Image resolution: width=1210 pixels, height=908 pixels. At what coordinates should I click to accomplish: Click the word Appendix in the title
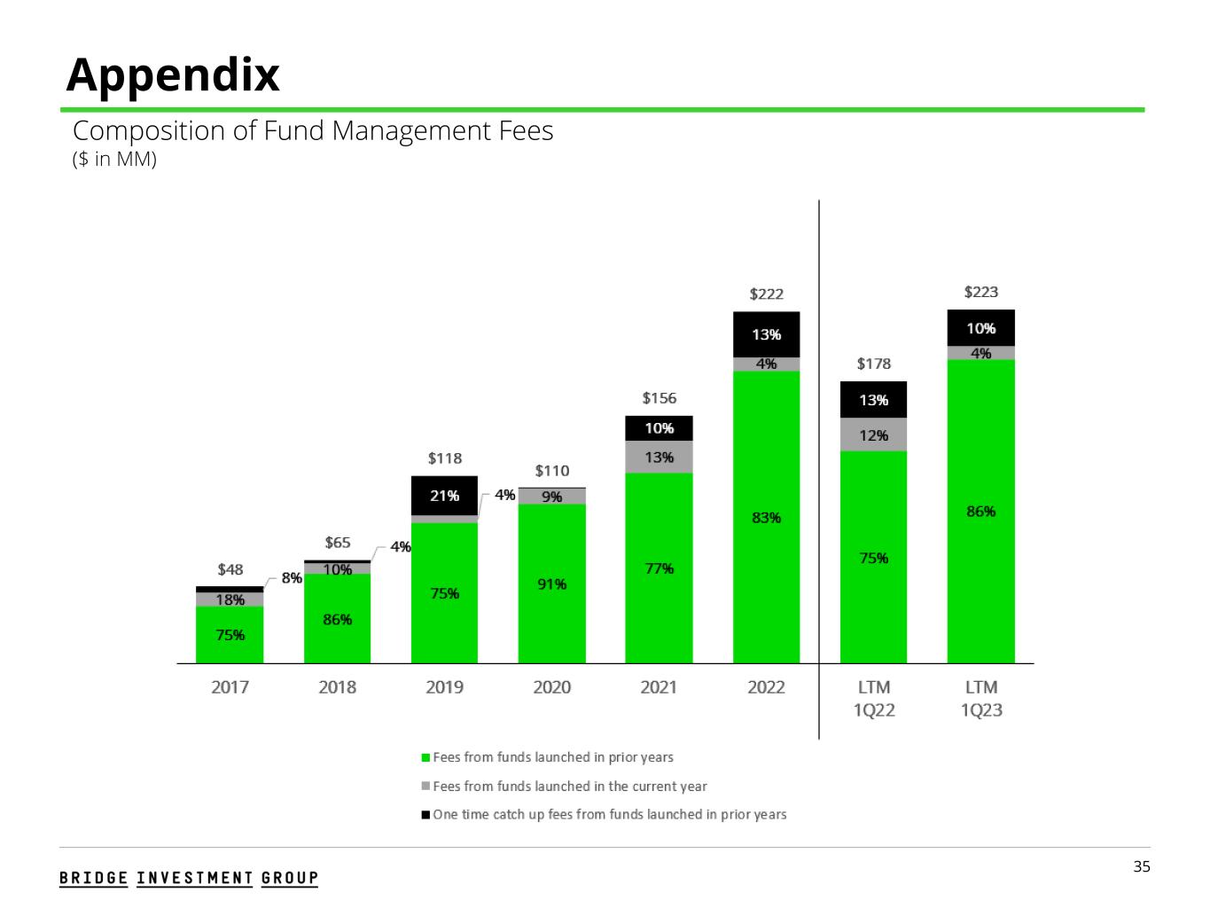point(173,74)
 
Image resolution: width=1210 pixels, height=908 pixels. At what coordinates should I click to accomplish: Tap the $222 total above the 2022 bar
point(766,294)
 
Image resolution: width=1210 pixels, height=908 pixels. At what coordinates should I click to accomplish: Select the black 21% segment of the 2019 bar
point(444,496)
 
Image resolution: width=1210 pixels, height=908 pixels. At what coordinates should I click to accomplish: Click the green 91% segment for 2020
point(551,583)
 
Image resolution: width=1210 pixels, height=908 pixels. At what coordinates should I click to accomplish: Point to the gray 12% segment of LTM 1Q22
point(873,434)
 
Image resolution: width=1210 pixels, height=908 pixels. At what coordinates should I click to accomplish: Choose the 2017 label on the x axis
point(230,687)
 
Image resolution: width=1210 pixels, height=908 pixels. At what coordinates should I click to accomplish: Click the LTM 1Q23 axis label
point(980,698)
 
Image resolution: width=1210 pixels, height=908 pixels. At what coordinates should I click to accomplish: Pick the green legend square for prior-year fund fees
point(425,757)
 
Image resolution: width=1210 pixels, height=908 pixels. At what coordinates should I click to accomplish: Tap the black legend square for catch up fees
point(425,814)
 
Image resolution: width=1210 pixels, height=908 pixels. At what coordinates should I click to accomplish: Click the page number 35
point(1142,866)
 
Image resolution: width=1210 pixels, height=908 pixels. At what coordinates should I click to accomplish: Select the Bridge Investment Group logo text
point(189,878)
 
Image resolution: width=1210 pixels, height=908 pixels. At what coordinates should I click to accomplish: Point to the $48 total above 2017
point(230,569)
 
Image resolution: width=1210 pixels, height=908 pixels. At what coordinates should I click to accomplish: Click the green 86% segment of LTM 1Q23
point(980,512)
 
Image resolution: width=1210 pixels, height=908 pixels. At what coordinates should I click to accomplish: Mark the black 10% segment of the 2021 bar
point(659,428)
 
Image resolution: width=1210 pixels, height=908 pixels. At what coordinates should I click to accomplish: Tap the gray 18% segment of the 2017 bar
point(230,599)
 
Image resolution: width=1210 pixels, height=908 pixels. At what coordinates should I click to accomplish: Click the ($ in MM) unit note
point(114,160)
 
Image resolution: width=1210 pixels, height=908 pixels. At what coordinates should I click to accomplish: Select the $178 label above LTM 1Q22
point(873,364)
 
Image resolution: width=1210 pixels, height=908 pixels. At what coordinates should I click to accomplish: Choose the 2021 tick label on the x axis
point(659,687)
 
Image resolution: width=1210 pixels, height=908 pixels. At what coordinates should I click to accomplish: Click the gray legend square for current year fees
point(425,786)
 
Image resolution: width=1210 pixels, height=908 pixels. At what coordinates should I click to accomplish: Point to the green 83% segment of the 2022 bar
point(766,517)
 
